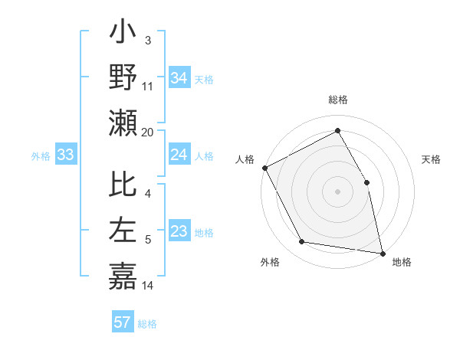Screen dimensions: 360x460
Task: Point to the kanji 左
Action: pyautogui.click(x=123, y=231)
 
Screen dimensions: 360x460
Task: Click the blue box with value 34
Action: pyautogui.click(x=179, y=77)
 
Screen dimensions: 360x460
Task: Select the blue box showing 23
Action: pyautogui.click(x=179, y=232)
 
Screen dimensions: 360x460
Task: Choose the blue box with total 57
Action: pyautogui.click(x=122, y=322)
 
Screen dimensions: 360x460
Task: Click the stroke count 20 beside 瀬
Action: pyautogui.click(x=148, y=132)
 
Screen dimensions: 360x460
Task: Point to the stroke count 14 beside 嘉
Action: pyautogui.click(x=148, y=286)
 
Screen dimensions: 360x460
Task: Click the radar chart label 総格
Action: pyautogui.click(x=337, y=100)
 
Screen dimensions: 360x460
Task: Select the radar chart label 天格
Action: pyautogui.click(x=432, y=160)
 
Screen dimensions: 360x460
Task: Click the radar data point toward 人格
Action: pyautogui.click(x=264, y=167)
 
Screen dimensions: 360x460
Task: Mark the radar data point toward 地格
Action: pyautogui.click(x=382, y=252)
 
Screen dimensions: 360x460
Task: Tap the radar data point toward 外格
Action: pyautogui.click(x=302, y=242)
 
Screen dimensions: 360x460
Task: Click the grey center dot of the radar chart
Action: pyautogui.click(x=337, y=191)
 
